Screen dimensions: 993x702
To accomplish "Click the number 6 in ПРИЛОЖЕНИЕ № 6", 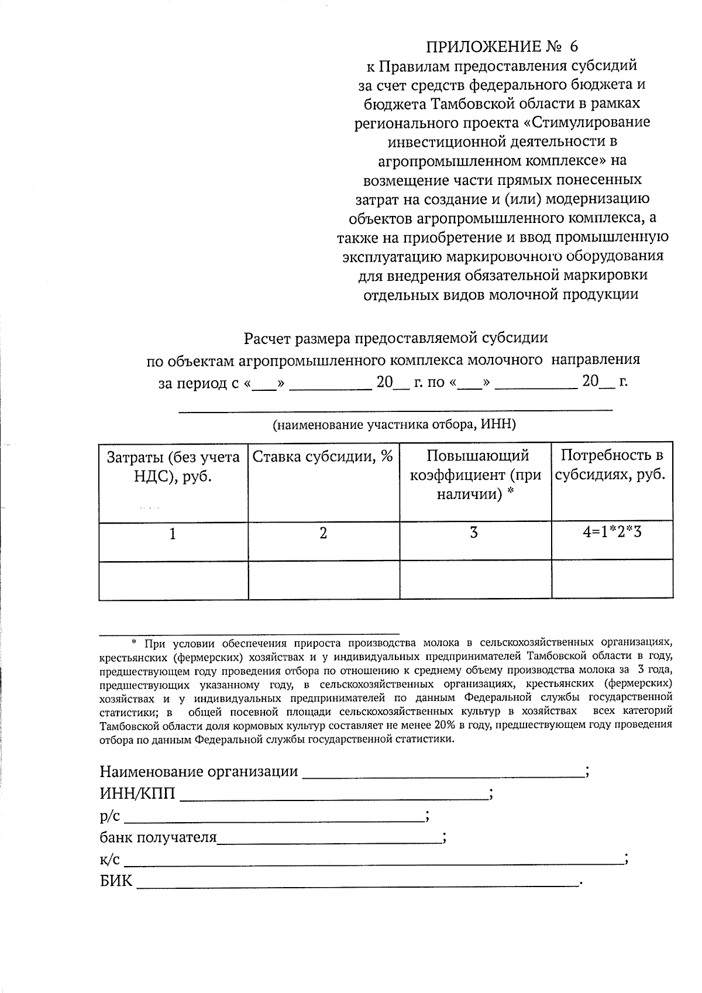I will coord(572,46).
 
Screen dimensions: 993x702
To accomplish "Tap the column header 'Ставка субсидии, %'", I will coord(323,456).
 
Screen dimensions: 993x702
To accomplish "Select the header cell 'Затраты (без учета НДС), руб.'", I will coord(173,466).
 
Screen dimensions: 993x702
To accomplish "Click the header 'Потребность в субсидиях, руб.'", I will coord(611,465).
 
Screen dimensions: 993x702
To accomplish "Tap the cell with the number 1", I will coord(173,534).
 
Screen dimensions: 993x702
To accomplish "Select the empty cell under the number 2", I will coord(324,580).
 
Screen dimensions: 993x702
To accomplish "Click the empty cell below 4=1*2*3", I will coord(612,580).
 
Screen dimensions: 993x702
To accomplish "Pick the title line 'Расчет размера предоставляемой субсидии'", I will coord(395,338).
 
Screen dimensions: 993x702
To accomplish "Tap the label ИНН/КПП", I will coord(137,794).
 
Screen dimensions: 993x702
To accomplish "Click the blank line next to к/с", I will coord(374,861).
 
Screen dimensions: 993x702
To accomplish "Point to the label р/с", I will coord(110,816).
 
